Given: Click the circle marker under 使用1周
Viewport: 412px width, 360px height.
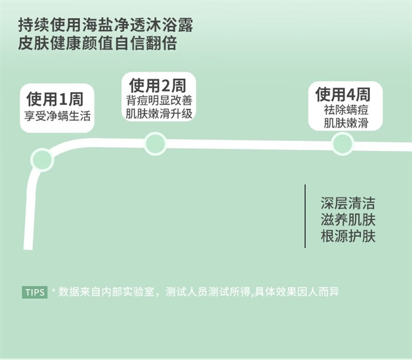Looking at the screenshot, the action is (42, 159).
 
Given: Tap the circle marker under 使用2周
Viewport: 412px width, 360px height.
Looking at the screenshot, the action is (155, 143).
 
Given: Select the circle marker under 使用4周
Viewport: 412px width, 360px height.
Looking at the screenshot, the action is (342, 143).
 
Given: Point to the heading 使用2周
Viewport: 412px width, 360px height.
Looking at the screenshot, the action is (158, 86).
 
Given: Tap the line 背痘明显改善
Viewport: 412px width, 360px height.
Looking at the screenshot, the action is (158, 101).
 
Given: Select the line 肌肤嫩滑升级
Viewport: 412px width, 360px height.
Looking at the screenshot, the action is (158, 114).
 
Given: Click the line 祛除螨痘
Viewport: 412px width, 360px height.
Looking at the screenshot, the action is (345, 109).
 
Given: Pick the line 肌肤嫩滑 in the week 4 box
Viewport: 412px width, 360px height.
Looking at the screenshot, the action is (345, 122).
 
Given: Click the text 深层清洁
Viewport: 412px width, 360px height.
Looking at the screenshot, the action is (348, 203).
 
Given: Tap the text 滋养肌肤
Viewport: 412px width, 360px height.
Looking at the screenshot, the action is (348, 220).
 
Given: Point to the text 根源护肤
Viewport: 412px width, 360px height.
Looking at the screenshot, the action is (348, 236).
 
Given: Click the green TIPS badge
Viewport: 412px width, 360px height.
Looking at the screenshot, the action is (35, 292).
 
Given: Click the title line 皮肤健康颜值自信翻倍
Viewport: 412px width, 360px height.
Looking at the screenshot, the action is (97, 43).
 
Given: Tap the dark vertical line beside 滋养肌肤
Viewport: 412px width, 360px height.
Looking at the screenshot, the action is (305, 216).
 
